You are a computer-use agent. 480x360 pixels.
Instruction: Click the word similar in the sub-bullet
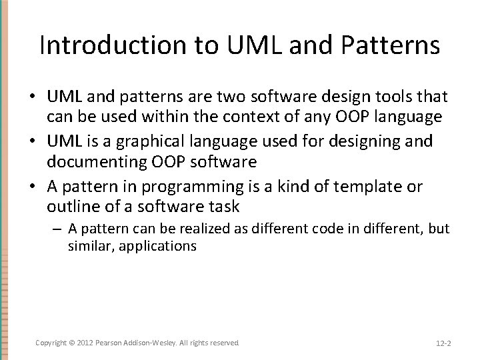[x=87, y=245]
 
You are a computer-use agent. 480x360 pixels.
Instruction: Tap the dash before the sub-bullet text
[x=58, y=229]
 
